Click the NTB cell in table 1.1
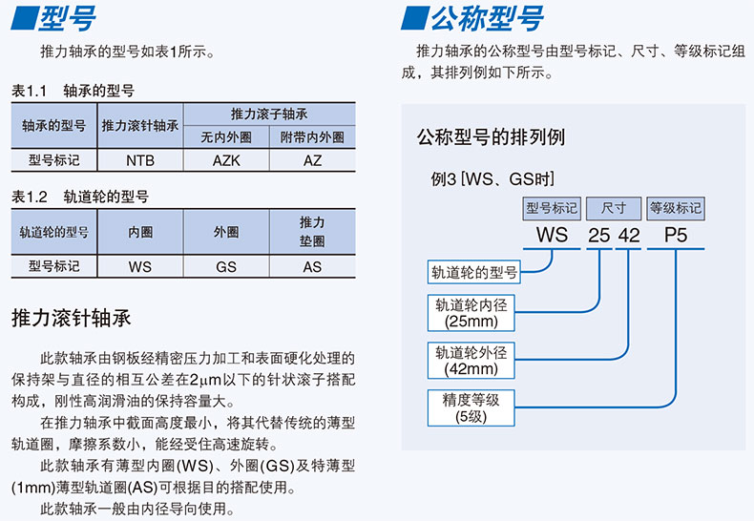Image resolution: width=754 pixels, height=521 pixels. coord(140,160)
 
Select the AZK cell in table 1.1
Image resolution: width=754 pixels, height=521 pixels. coord(226,160)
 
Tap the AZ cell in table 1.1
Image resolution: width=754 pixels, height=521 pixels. coord(312,160)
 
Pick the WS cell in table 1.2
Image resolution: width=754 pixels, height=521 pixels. coord(140,267)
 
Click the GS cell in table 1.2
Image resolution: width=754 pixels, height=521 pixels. coord(226,267)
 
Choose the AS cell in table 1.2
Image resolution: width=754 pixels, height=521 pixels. coord(312,267)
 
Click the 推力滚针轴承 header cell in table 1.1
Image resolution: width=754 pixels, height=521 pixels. coord(140,125)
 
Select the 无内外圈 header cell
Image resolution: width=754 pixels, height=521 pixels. coord(226,136)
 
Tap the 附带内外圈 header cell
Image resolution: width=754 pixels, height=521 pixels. coord(312,136)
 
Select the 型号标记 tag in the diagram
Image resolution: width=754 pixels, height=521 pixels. coord(552,207)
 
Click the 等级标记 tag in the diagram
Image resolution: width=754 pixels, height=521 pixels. coord(676,207)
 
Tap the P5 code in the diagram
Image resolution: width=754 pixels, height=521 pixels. coord(676,234)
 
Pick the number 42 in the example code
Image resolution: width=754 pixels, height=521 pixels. coord(628,234)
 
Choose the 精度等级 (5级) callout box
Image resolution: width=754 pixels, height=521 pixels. coord(471,407)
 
